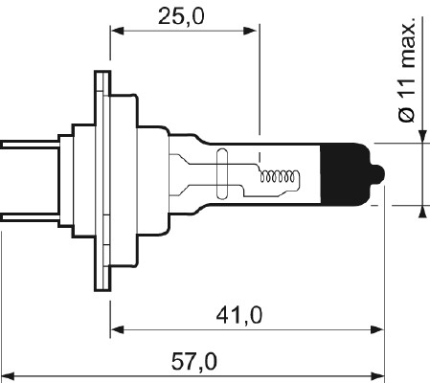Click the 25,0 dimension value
[x=185, y=16]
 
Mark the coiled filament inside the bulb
[x=282, y=176]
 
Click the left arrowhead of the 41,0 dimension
[x=117, y=330]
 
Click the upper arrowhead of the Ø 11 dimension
[x=422, y=136]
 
